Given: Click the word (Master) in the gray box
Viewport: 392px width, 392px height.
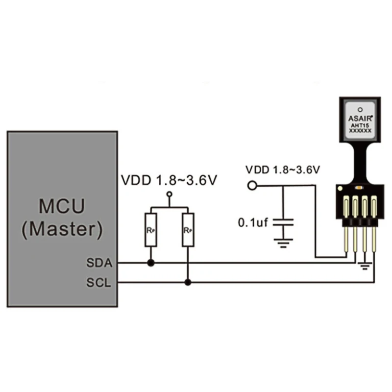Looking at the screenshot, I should click(x=62, y=229).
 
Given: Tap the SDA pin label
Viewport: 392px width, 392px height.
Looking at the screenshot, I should click(x=100, y=263).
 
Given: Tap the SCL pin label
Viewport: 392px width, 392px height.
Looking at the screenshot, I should click(x=100, y=283).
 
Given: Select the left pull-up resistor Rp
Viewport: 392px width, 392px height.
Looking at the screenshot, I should click(x=150, y=229).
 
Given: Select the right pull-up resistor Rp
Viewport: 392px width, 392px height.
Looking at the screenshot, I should click(x=188, y=229).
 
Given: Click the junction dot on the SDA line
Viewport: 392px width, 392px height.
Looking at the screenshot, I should click(x=150, y=263).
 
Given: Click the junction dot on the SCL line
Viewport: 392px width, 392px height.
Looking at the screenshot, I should click(x=188, y=282).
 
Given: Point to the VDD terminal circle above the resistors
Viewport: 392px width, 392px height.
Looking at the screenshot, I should click(x=170, y=195).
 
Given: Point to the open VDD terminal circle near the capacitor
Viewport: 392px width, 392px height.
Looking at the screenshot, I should click(x=253, y=185).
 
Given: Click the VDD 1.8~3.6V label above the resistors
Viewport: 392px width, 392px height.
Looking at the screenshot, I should click(x=169, y=180).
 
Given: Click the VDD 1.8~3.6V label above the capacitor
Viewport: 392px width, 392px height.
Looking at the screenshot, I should click(x=283, y=170).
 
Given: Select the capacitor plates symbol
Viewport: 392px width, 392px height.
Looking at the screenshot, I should click(x=283, y=222).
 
